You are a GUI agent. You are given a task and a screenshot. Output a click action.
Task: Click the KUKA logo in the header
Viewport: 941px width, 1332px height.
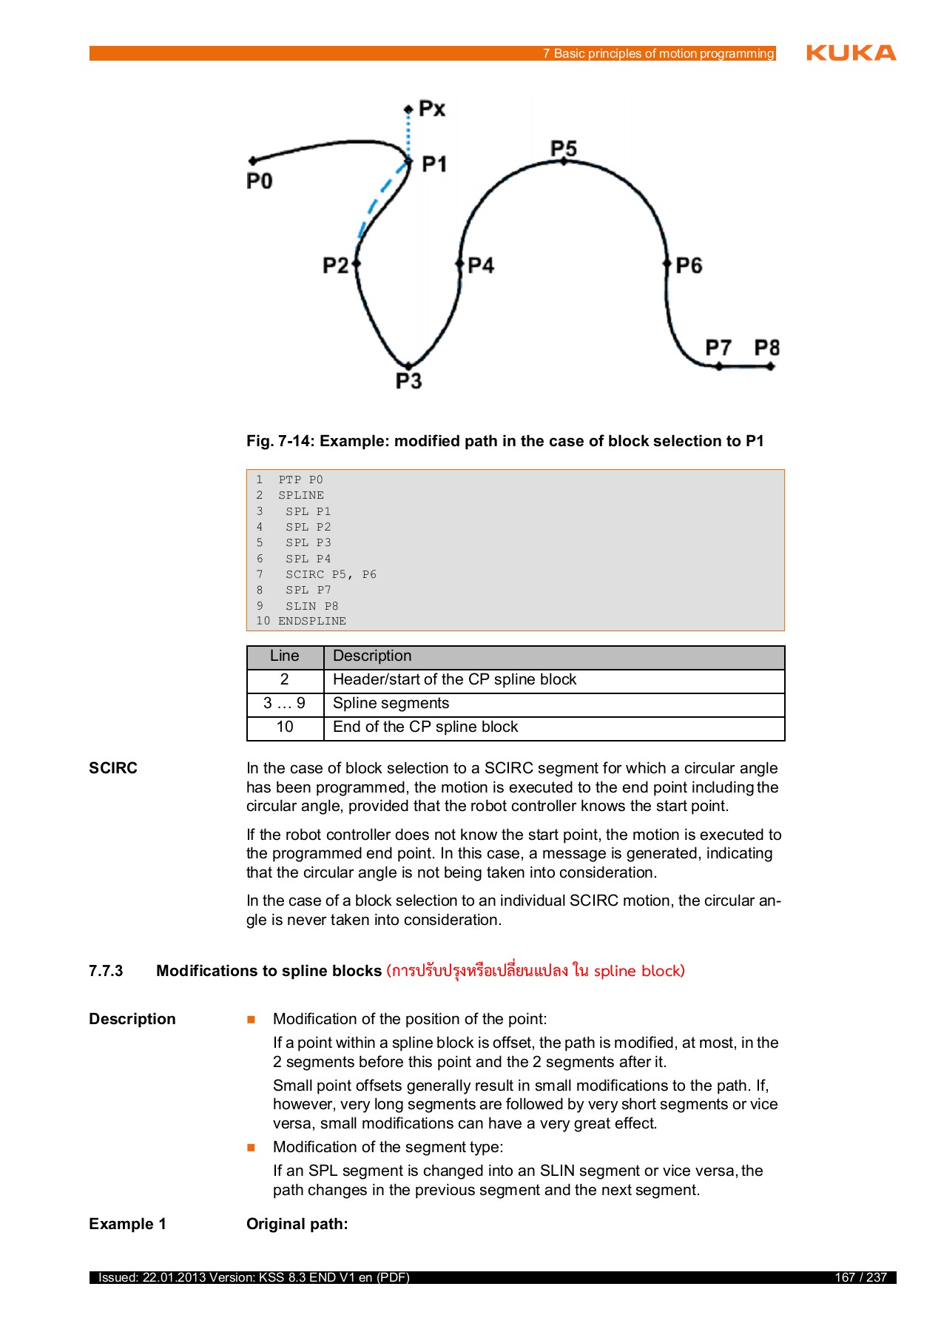(851, 53)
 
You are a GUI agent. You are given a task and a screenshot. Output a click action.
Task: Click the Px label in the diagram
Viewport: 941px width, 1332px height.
(432, 109)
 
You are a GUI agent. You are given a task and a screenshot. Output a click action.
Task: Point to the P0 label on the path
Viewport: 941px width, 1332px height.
(259, 181)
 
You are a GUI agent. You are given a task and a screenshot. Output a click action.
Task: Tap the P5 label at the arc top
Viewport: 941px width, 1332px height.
(563, 148)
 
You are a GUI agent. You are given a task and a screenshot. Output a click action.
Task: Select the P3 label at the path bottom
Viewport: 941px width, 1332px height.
(408, 381)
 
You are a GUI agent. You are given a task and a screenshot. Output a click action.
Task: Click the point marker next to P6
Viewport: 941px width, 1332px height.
(667, 263)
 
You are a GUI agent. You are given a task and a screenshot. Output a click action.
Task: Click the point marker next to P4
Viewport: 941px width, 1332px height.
(459, 263)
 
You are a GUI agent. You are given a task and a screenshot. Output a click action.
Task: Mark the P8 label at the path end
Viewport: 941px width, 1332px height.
(766, 347)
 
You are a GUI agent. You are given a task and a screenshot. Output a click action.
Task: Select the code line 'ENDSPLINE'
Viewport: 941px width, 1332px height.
(311, 621)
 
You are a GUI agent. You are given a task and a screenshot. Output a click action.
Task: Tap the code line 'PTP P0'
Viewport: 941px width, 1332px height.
(300, 480)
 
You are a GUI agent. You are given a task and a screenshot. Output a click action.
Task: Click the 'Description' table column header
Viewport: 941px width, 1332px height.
(372, 656)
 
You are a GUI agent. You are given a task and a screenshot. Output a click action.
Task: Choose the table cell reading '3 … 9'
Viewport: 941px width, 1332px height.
(285, 704)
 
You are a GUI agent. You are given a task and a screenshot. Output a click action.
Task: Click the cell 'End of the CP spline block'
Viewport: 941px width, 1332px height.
(425, 727)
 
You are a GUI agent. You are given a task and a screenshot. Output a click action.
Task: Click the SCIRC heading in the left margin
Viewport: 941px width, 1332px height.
(113, 768)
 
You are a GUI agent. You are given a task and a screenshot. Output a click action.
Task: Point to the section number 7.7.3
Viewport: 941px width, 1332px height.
(106, 971)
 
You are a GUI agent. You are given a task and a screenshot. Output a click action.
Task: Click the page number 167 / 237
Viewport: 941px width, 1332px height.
(860, 1277)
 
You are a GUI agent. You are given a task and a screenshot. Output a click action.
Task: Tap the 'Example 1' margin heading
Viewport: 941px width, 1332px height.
(127, 1224)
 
